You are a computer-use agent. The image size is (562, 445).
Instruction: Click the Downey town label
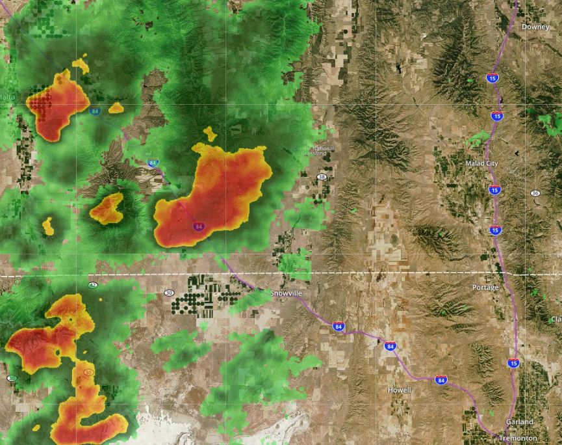coord(535,27)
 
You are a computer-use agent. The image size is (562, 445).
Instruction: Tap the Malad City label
coord(481,163)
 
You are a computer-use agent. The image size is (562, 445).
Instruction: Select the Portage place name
coord(485,287)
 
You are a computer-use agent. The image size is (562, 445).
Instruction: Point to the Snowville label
coord(286,294)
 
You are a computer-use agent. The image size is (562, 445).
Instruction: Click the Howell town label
coord(400,390)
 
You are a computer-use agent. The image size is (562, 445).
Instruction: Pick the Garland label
coord(519,422)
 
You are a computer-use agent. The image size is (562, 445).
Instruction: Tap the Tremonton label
coord(518,438)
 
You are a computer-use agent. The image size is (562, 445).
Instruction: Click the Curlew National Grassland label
coord(313,151)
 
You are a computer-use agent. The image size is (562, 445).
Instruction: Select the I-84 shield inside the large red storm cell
coord(199,226)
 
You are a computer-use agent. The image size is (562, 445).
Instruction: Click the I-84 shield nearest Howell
coord(441,380)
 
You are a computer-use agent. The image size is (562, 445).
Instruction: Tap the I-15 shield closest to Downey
coord(492,78)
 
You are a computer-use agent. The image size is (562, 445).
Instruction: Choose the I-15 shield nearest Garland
coord(513,363)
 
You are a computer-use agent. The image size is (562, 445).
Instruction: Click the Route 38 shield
coord(322,177)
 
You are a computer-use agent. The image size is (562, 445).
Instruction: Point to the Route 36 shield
coord(535,193)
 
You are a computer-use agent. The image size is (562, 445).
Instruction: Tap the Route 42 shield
coord(93,285)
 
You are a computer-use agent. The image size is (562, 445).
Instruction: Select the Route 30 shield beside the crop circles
coord(169,293)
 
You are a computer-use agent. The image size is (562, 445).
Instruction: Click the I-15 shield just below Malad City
coord(494,190)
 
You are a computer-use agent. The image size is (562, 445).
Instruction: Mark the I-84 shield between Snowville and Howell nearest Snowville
coord(338,326)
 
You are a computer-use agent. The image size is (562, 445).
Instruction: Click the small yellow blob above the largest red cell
coord(209,133)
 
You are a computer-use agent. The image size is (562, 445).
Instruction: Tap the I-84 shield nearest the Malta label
coord(95,111)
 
